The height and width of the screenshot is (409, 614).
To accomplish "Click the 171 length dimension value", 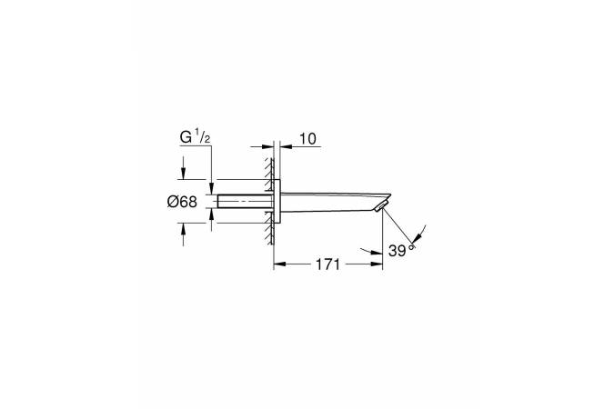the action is [x=327, y=264].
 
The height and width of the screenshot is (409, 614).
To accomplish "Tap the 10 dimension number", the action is [x=307, y=139].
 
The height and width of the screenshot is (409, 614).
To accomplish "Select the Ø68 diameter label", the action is [x=182, y=202].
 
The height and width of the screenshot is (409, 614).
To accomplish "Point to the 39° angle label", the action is [x=401, y=251].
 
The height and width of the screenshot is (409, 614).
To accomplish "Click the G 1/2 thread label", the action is [x=196, y=137].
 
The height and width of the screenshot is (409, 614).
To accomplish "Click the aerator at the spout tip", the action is [x=381, y=205].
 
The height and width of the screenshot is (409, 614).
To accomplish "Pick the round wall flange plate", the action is [x=277, y=202].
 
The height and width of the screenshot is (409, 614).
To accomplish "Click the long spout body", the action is [x=336, y=203].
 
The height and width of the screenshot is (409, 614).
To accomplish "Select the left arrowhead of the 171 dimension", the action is [x=278, y=264].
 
